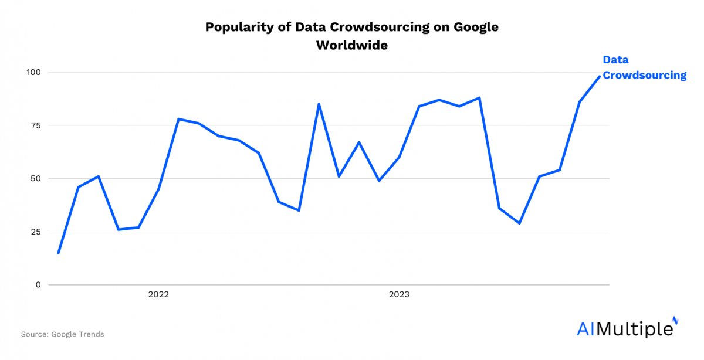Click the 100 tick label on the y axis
pos(33,72)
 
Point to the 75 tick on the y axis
pos(35,125)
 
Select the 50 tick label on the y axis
pos(35,178)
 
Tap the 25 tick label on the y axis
pos(35,232)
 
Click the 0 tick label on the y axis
pos(38,285)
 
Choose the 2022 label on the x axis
pos(158,294)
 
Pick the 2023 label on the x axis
pos(399,294)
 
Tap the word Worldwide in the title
pos(352,45)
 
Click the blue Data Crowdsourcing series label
pos(644,67)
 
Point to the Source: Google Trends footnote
pos(62,334)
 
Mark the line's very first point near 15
pos(58,253)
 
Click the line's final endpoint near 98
pos(600,76)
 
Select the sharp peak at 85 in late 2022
pos(319,104)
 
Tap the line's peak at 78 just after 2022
pos(178,119)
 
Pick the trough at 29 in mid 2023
pos(519,223)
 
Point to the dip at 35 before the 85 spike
pos(299,210)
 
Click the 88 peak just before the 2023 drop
pos(479,98)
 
